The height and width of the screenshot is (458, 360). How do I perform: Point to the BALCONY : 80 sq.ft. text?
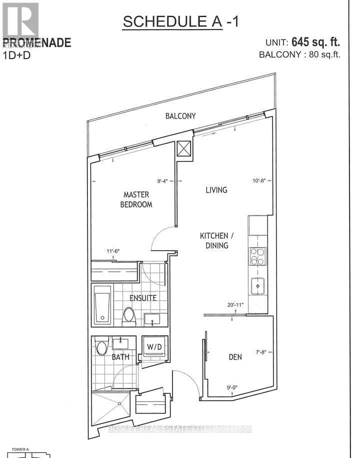[299, 55]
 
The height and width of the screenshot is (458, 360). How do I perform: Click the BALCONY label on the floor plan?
[180, 116]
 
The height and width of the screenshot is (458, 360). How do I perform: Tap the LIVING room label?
[216, 190]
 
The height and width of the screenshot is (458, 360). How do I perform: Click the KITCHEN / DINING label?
[214, 240]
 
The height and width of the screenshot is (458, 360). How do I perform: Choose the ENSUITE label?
[143, 298]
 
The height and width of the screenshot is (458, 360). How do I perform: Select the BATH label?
[120, 357]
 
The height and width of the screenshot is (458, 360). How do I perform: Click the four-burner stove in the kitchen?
[258, 257]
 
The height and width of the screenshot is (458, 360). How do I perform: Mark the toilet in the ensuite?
[128, 314]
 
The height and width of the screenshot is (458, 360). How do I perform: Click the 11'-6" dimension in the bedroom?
[112, 251]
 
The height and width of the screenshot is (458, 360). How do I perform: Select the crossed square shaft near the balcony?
[183, 148]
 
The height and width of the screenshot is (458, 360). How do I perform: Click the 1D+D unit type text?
[17, 55]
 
